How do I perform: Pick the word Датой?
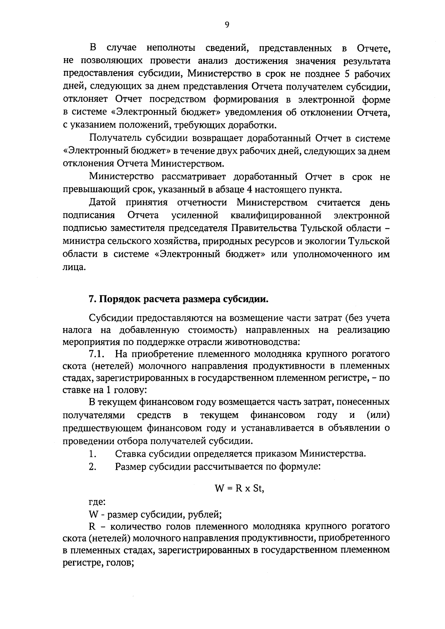coord(103,203)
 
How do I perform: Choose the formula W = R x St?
coord(239,488)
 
